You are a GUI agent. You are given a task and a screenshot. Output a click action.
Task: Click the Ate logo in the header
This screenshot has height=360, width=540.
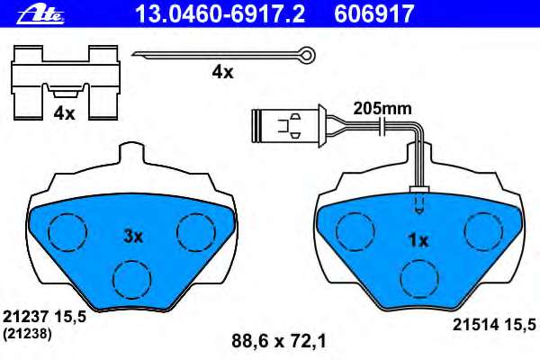point(40,14)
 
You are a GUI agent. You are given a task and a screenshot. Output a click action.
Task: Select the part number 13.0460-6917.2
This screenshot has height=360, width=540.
point(220,13)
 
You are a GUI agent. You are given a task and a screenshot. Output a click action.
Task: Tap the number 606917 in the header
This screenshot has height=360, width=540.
point(374,13)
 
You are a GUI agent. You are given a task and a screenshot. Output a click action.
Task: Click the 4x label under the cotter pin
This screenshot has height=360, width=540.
point(222,72)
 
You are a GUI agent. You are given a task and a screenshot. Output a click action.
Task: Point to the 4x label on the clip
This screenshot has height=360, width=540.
point(64,113)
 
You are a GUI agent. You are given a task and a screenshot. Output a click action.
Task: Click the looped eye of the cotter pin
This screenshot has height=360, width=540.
point(307,54)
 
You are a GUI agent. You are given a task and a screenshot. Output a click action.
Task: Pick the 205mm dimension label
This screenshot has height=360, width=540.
point(382,109)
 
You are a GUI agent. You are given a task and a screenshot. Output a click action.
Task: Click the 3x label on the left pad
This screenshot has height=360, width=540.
point(133,237)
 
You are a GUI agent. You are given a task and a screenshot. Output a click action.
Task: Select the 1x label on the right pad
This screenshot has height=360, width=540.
point(418,240)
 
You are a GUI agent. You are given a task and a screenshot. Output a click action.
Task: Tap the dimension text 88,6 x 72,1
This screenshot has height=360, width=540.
point(279,341)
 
